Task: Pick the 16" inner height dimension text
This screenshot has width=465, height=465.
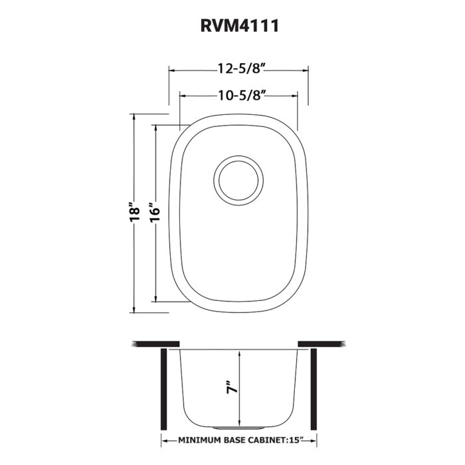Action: click(155, 213)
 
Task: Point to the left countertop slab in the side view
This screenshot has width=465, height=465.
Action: click(156, 343)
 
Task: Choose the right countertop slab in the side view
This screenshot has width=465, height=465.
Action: click(322, 343)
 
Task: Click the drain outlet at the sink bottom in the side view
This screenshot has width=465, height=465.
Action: click(238, 422)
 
